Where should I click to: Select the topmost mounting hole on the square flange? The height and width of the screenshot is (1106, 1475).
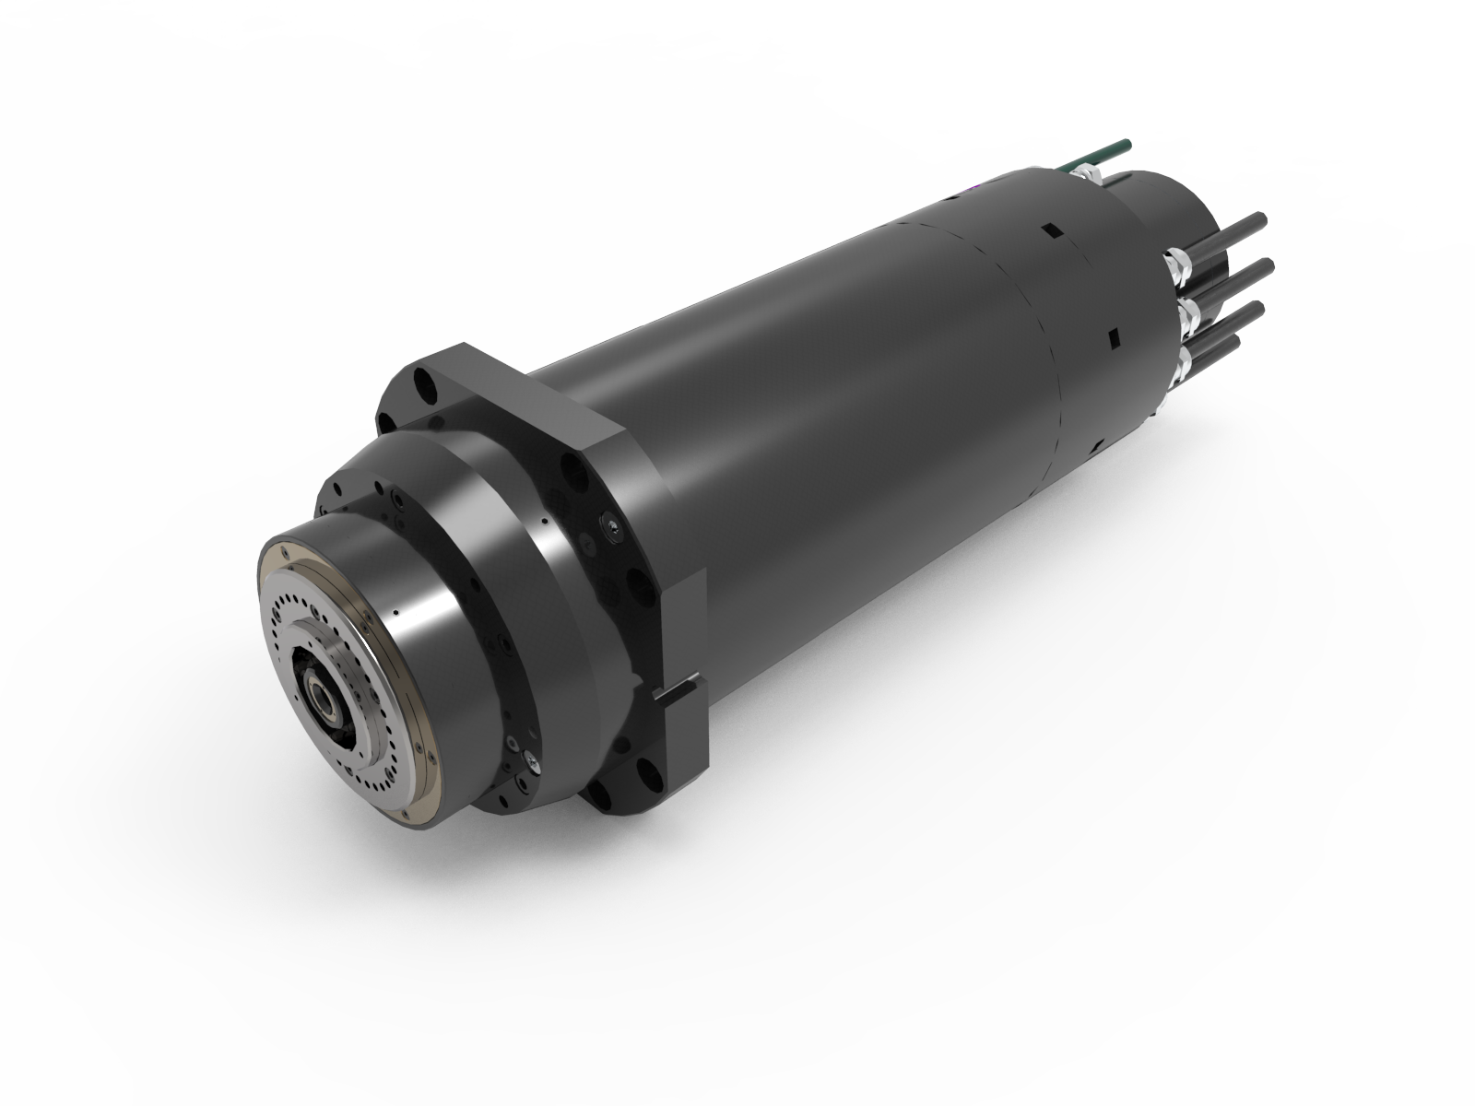point(423,378)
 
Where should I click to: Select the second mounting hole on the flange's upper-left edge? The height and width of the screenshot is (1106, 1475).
point(383,421)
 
